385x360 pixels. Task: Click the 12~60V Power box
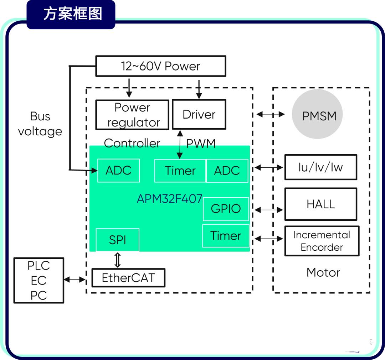coord(160,66)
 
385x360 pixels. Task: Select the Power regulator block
coord(132,115)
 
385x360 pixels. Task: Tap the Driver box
coord(199,114)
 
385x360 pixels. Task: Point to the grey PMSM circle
coord(317,114)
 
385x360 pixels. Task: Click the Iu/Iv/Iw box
coord(321,167)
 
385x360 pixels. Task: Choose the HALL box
coord(321,204)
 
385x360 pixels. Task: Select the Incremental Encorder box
coord(322,241)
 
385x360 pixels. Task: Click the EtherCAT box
coord(128,278)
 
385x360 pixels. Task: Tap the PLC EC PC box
coord(39,280)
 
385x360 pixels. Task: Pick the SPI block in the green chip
coord(118,240)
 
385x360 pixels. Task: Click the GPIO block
coord(226,209)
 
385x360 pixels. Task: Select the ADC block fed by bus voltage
coord(119,171)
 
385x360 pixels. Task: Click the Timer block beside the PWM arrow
coord(180,171)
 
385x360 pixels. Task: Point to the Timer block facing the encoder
coord(226,236)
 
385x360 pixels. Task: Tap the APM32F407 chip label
coord(169,199)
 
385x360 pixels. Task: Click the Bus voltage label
coord(40,124)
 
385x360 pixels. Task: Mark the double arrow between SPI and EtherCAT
coord(118,260)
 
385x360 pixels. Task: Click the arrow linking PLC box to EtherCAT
coord(75,279)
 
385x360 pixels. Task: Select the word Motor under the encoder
coord(323,272)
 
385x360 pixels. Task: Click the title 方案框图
coord(73,14)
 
